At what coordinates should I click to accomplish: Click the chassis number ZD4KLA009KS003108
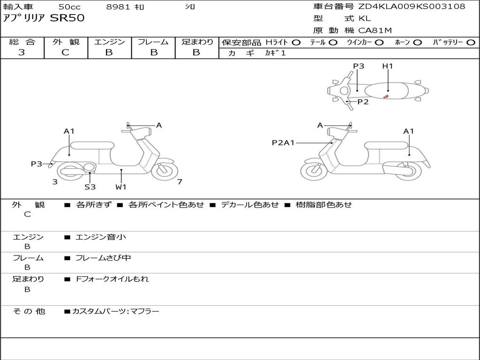point(412,7)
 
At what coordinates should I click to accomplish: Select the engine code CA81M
point(375,31)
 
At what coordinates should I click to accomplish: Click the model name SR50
point(67,19)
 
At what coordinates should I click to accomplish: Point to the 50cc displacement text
point(69,7)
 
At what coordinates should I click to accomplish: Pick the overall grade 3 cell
point(22,52)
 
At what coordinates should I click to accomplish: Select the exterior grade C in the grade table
point(66,52)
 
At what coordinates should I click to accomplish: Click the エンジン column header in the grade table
point(109,42)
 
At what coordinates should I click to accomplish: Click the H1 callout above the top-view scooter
point(388,66)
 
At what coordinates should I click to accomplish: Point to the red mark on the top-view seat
point(386,96)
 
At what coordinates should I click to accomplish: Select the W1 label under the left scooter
point(121,187)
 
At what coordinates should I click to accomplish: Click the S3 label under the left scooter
point(90,187)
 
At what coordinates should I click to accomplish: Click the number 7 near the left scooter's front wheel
point(180,182)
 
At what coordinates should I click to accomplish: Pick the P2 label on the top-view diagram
point(363,102)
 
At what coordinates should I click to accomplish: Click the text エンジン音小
point(101,237)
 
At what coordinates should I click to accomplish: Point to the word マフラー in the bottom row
point(145,311)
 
